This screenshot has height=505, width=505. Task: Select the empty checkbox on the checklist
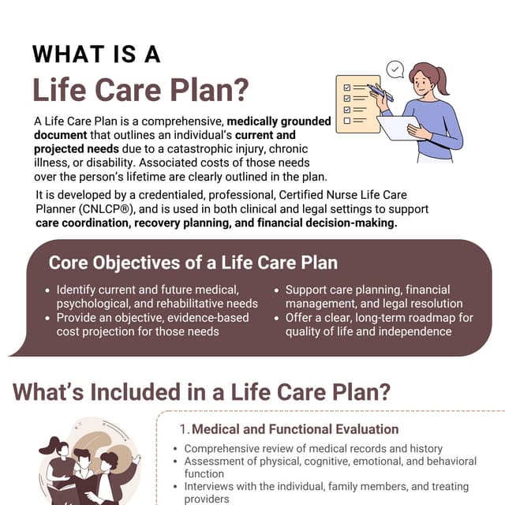[347, 122]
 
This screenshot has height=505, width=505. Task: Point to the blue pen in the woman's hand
[380, 92]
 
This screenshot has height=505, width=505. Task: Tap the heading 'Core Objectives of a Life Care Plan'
[193, 263]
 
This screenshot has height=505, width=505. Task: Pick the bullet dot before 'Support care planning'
[277, 290]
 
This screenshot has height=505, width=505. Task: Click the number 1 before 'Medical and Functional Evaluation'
[183, 430]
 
